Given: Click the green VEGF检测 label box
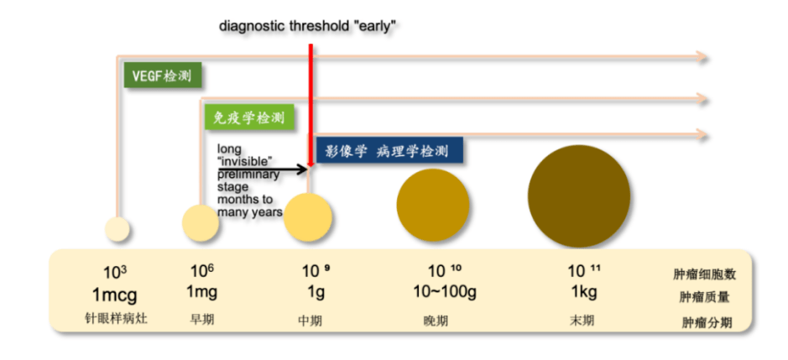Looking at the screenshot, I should [x=162, y=76].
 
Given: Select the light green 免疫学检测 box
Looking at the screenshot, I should [x=246, y=118].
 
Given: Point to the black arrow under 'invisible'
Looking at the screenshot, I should [x=262, y=170].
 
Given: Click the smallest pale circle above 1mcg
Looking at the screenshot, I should [x=117, y=228].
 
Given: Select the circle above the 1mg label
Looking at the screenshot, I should [x=201, y=222].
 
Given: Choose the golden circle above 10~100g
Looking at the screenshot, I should [x=433, y=205].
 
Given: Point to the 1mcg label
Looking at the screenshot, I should [x=116, y=296].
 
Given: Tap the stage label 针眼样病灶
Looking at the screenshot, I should [x=116, y=321].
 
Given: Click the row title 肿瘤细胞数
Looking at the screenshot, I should [x=704, y=274].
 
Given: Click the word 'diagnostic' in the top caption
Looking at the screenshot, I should [x=252, y=26].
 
